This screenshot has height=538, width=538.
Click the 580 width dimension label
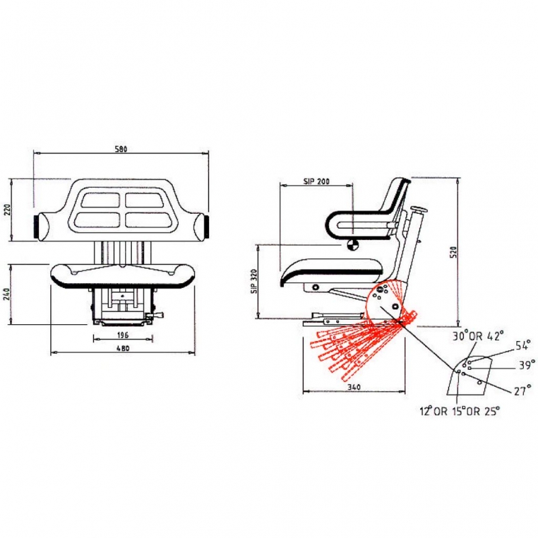tap(121, 149)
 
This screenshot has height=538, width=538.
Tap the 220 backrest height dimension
tap(8, 210)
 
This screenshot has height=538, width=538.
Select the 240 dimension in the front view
tap(7, 294)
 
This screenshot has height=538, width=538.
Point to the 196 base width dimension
tap(122, 335)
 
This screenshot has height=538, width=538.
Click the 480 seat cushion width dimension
tap(123, 348)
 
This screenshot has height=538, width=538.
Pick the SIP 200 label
tap(316, 181)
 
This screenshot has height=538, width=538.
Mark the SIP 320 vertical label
tap(254, 281)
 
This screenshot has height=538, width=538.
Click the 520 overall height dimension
tap(455, 252)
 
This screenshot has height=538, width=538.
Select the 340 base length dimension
tap(354, 387)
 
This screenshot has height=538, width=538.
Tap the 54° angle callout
tap(523, 346)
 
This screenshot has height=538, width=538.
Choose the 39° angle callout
tap(527, 365)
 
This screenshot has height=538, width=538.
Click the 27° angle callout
tap(523, 391)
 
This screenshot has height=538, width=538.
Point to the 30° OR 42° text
tap(478, 336)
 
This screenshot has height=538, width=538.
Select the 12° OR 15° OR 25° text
tap(460, 411)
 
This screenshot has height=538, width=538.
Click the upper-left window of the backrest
tap(100, 200)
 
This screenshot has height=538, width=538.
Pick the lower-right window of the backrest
tap(148, 220)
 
